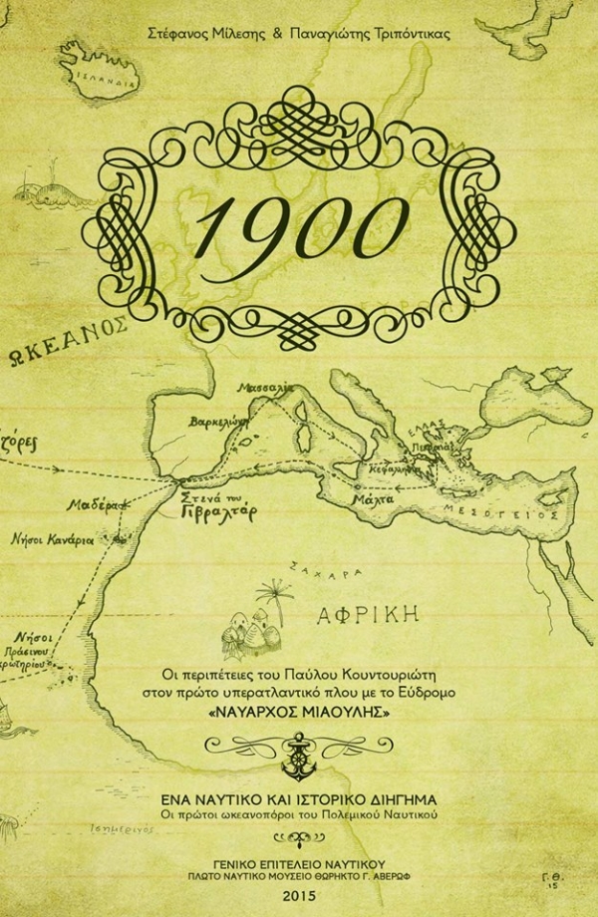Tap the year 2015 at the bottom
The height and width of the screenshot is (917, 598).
pos(299,896)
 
